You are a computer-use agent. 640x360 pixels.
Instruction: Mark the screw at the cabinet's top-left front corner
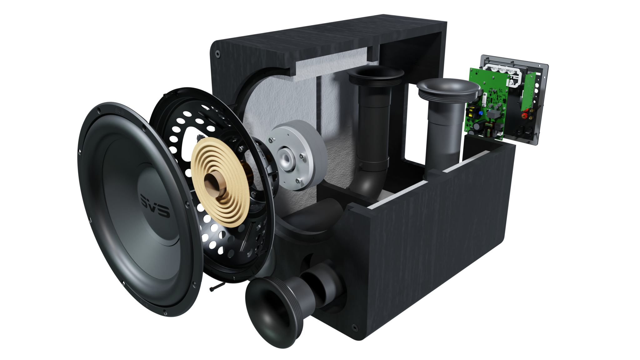(216, 54)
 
